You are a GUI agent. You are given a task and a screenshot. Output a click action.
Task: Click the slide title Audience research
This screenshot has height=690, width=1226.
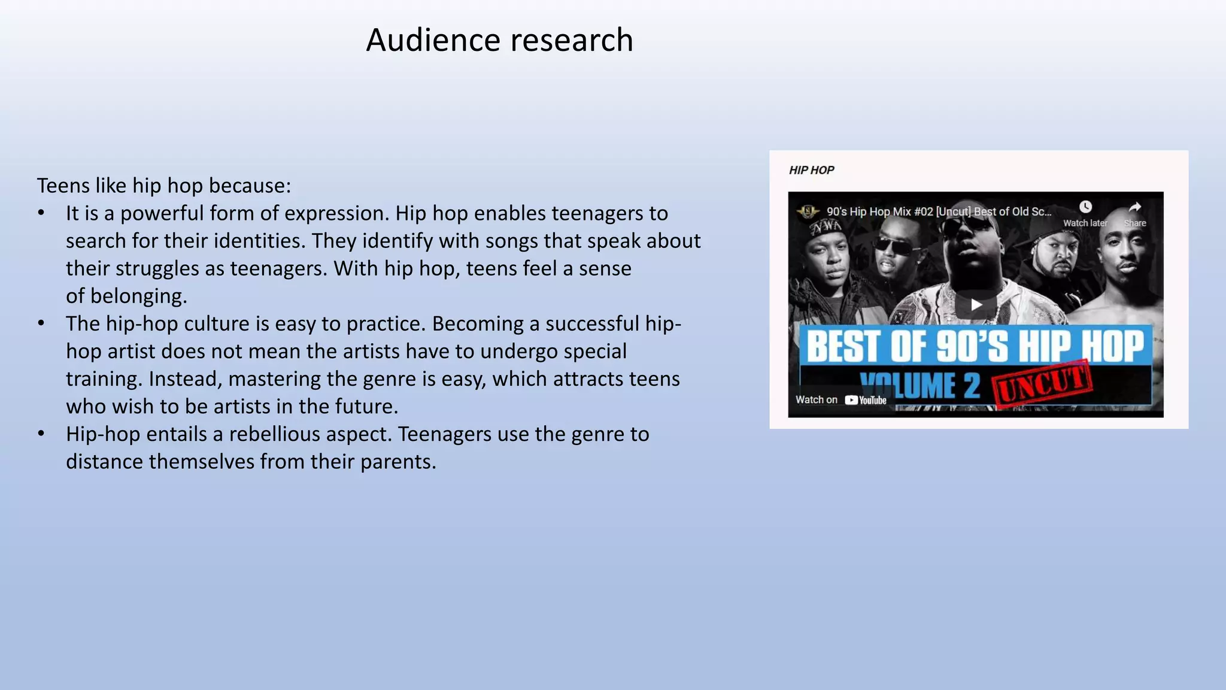pyautogui.click(x=499, y=40)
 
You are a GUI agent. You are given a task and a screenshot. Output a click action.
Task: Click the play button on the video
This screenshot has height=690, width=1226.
pyautogui.click(x=976, y=305)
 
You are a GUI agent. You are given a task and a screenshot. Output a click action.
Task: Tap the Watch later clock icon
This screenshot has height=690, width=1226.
pyautogui.click(x=1085, y=207)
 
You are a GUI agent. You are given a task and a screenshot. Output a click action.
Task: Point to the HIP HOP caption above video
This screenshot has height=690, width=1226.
pyautogui.click(x=811, y=170)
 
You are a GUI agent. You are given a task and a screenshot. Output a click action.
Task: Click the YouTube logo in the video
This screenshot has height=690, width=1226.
pyautogui.click(x=866, y=400)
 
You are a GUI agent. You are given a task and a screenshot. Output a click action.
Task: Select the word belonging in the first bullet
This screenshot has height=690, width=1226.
pyautogui.click(x=138, y=296)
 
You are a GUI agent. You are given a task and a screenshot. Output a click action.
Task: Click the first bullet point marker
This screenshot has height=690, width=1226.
pyautogui.click(x=41, y=213)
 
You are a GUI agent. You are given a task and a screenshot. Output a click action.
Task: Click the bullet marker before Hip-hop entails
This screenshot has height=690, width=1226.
pyautogui.click(x=41, y=434)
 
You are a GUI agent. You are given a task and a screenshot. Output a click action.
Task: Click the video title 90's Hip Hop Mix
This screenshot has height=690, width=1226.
pyautogui.click(x=938, y=211)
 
